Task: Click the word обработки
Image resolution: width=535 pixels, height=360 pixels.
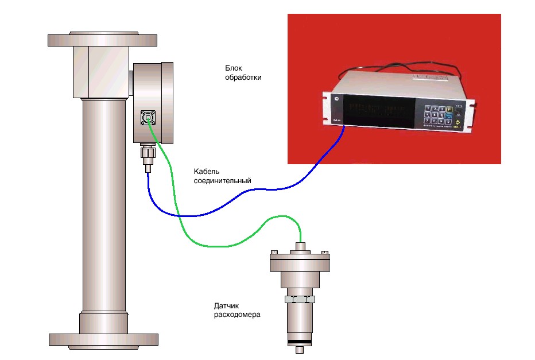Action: pyautogui.click(x=243, y=77)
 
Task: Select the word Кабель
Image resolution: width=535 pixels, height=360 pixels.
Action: pyautogui.click(x=207, y=172)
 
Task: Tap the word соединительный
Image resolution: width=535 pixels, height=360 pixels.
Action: pyautogui.click(x=222, y=181)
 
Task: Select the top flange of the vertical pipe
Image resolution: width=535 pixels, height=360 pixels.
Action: pyautogui.click(x=102, y=40)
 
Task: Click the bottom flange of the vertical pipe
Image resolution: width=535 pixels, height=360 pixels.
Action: pyautogui.click(x=102, y=339)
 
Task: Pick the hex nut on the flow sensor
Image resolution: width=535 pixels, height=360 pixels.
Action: pyautogui.click(x=300, y=299)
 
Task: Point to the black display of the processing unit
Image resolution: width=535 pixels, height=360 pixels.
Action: pyautogui.click(x=379, y=112)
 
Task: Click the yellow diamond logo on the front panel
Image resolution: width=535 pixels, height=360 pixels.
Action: pyautogui.click(x=458, y=124)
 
